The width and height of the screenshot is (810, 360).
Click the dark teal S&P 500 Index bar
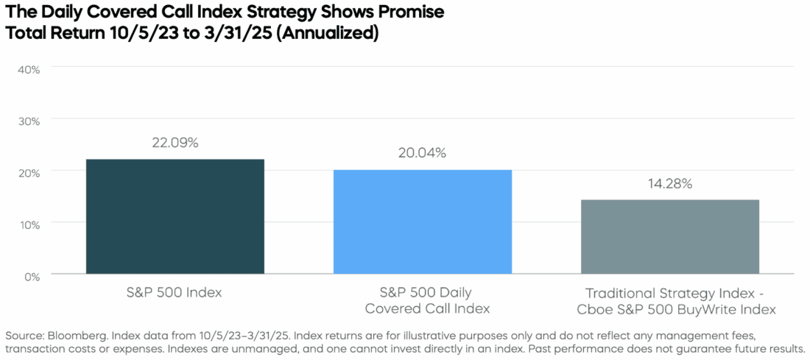tap(175, 216)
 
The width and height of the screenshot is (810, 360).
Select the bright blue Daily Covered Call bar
tap(422, 222)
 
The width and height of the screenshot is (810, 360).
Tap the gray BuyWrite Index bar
tap(669, 236)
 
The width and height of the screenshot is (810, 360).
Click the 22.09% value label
tap(175, 143)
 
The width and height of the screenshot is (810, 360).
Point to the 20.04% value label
tap(422, 153)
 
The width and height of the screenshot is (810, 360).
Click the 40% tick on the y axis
tap(28, 68)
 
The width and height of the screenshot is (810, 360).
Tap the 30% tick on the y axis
tap(28, 120)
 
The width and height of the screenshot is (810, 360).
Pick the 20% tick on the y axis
tap(28, 172)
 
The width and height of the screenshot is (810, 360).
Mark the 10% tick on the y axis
tap(28, 223)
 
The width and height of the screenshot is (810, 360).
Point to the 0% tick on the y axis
tap(31, 275)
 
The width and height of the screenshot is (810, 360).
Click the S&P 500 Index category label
tap(175, 293)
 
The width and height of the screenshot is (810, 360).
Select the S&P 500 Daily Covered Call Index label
tap(422, 300)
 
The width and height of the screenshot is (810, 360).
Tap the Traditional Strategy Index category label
tap(669, 300)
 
